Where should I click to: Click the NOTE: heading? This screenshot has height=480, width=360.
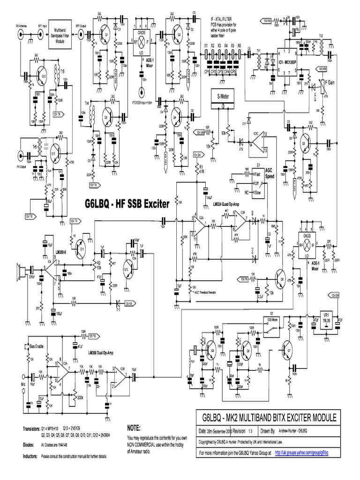point(134,428)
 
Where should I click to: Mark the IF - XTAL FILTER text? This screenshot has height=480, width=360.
point(224,19)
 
